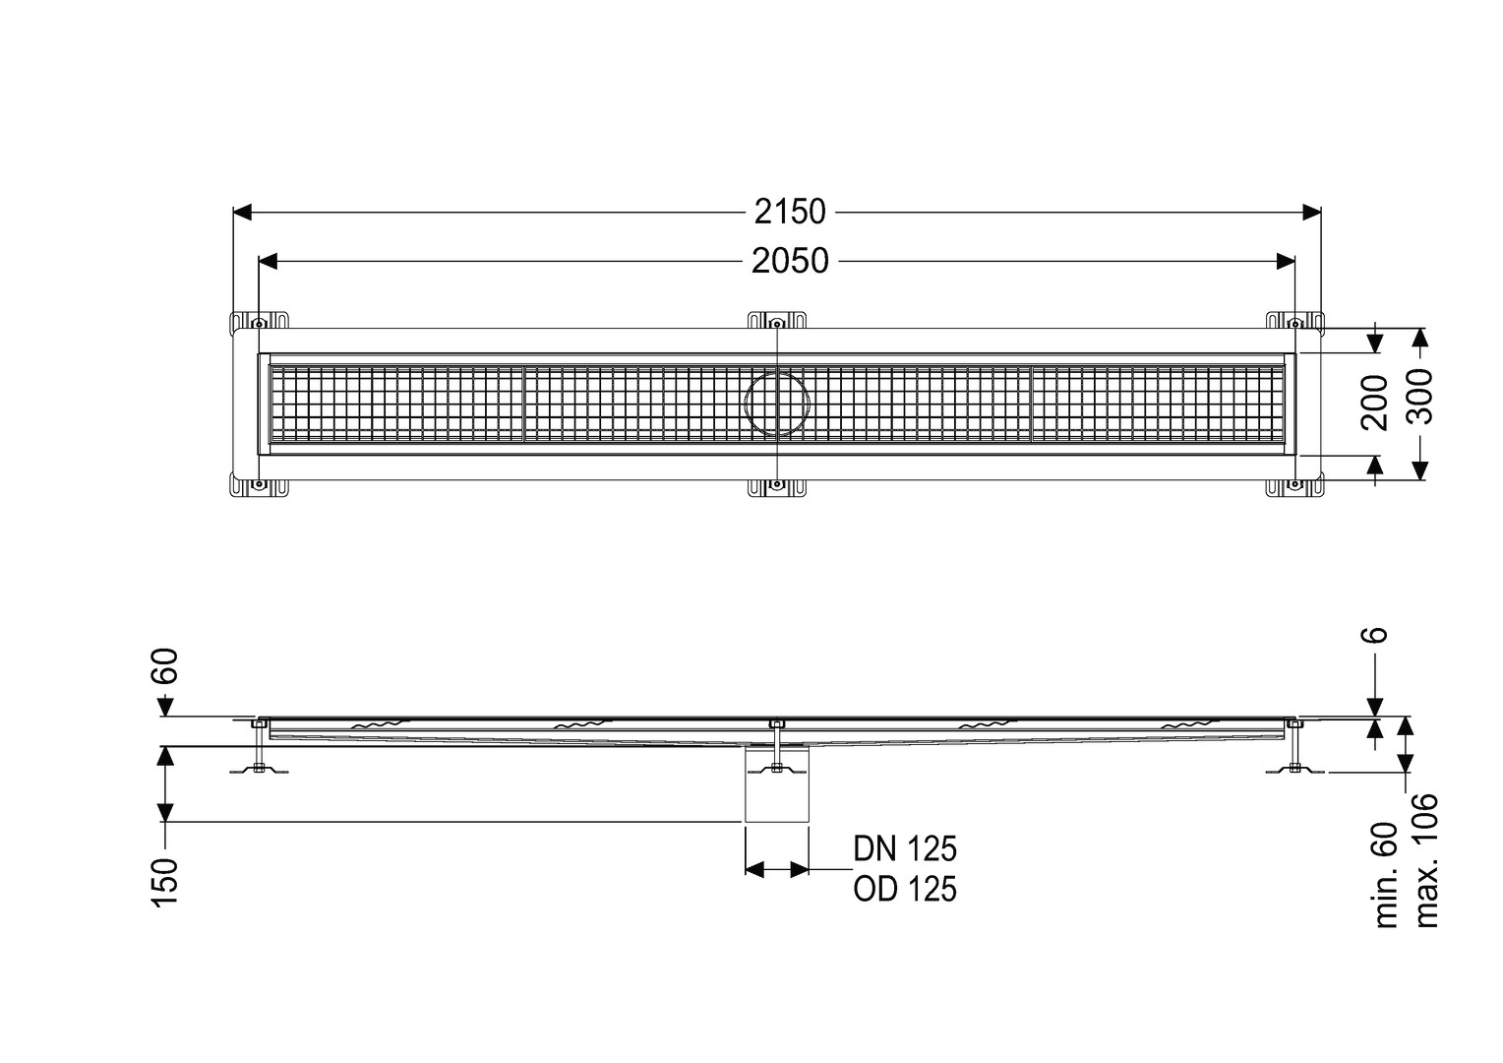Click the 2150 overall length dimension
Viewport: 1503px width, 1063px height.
click(x=790, y=213)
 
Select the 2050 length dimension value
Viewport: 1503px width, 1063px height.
click(x=790, y=261)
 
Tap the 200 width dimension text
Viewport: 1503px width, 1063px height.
click(x=1374, y=403)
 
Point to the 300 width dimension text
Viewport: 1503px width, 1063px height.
click(x=1419, y=397)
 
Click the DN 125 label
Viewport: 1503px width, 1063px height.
click(x=905, y=849)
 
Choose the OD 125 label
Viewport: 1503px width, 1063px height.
click(x=905, y=890)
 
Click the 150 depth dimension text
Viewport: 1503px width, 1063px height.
click(x=165, y=883)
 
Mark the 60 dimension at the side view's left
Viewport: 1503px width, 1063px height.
click(x=165, y=665)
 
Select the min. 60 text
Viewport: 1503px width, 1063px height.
click(x=1386, y=875)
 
